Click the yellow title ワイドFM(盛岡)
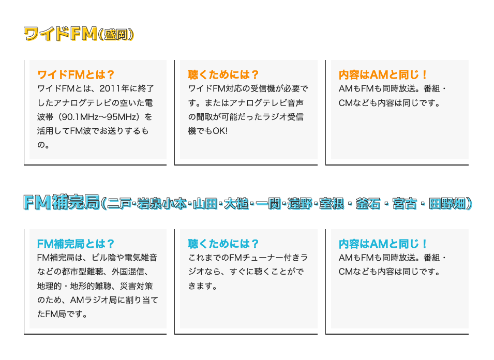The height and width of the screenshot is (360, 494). point(79,34)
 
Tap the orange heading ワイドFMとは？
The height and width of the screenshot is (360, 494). point(76,74)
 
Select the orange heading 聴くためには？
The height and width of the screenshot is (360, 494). point(223,74)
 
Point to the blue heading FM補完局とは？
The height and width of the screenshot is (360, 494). point(76,244)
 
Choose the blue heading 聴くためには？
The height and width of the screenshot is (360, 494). point(223,244)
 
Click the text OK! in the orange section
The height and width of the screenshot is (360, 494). point(220,131)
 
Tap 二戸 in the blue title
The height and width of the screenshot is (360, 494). point(119,203)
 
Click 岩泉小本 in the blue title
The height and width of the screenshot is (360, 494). point(161,203)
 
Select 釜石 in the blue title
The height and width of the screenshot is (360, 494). point(368,203)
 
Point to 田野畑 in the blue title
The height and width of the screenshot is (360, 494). point(447,203)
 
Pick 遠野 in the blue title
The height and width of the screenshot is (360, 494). point(300,203)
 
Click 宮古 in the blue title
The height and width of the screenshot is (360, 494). point(405,203)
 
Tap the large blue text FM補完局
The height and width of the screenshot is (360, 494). point(62,202)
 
